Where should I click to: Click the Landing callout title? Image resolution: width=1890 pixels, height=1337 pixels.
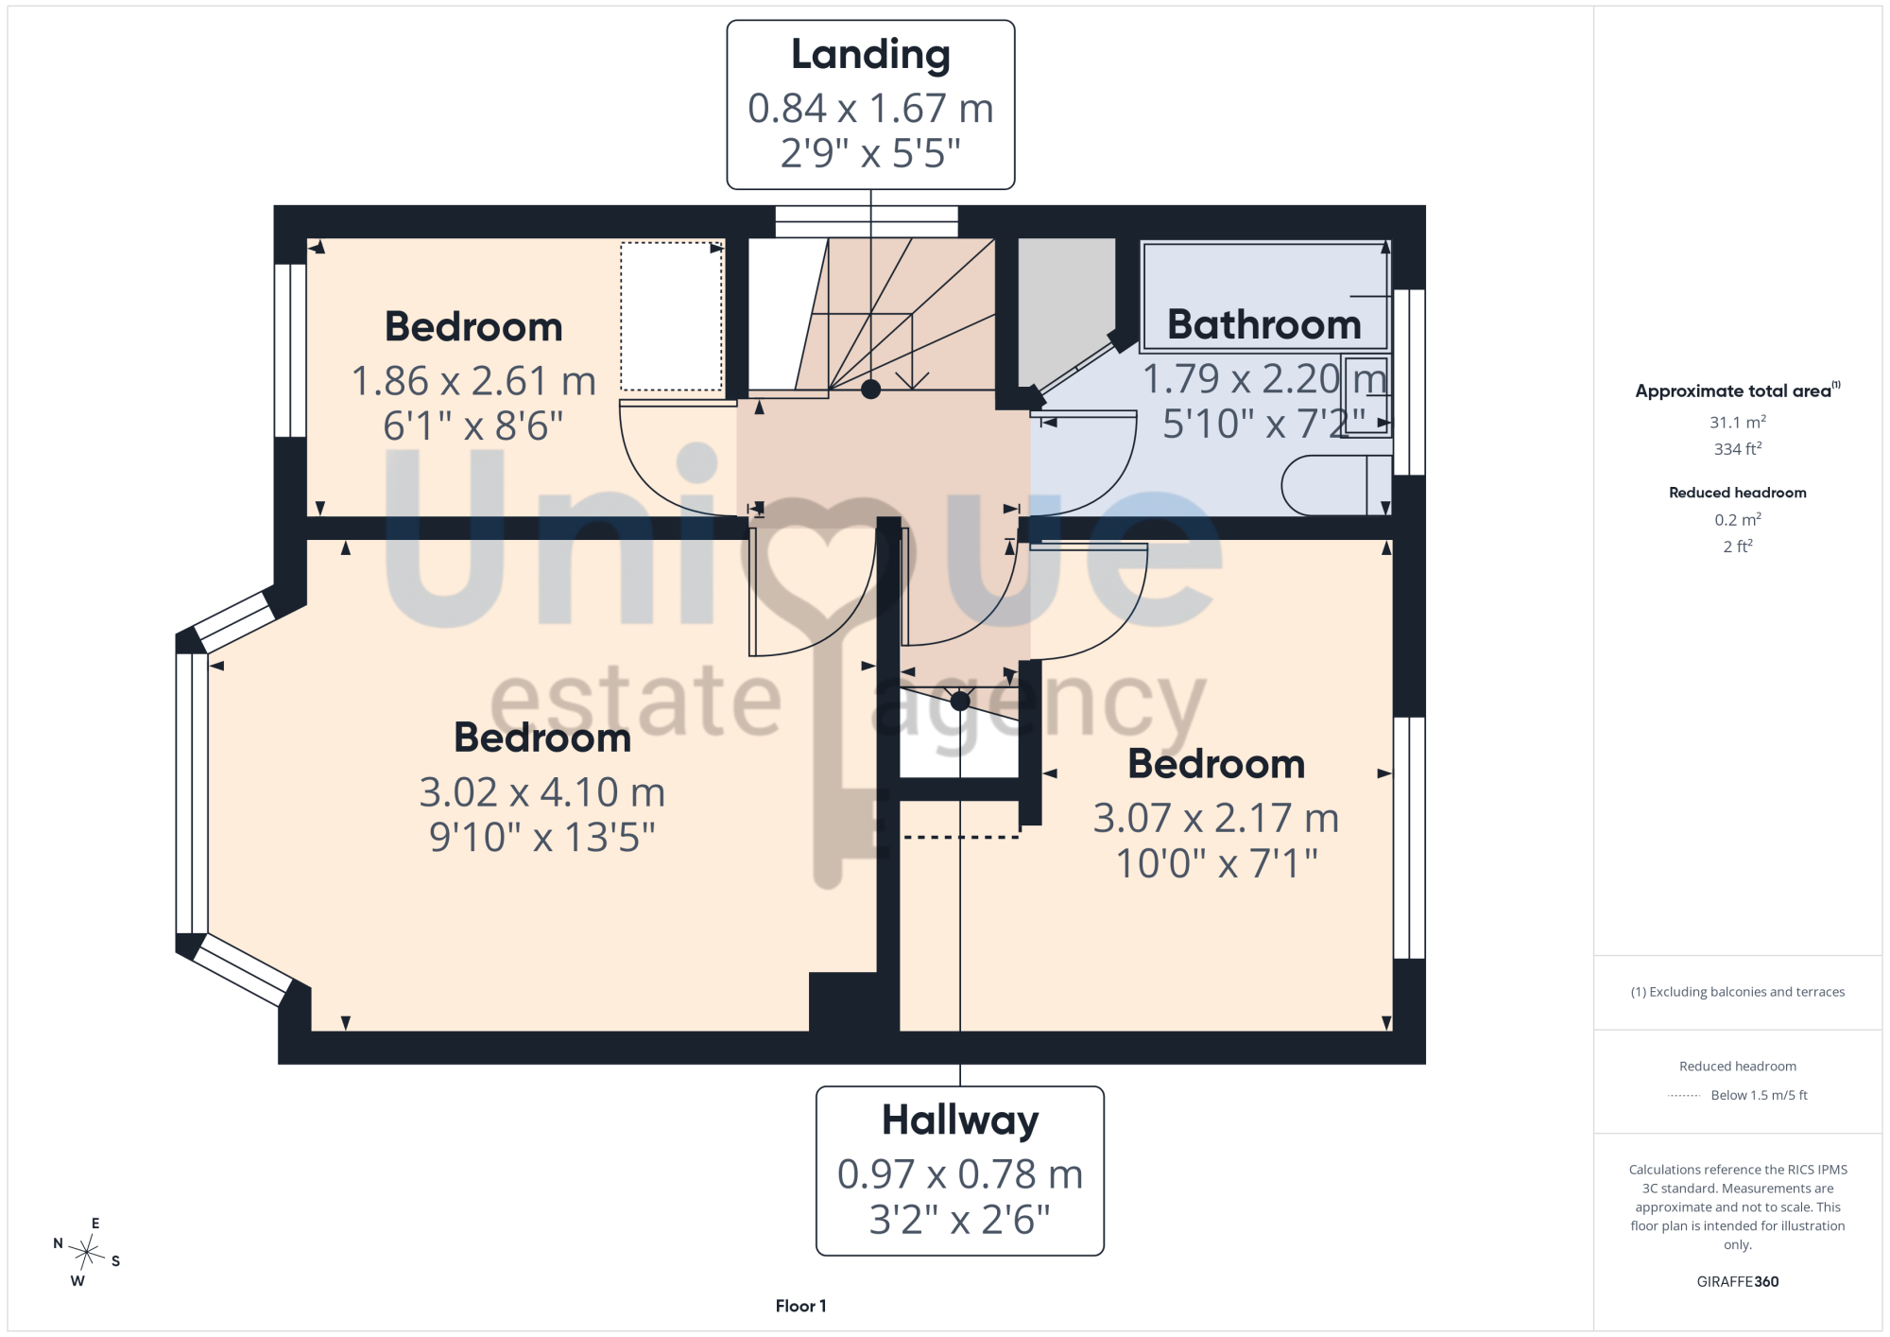click(x=870, y=56)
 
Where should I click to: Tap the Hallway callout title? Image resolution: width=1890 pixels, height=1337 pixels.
click(x=960, y=1121)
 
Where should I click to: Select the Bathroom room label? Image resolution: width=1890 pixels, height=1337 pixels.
click(x=1264, y=324)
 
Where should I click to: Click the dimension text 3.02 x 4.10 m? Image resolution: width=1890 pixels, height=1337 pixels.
click(x=542, y=792)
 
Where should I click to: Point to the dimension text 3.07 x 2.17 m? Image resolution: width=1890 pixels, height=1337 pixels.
click(x=1216, y=818)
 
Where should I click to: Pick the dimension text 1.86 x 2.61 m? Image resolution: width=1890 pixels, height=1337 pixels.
click(x=473, y=381)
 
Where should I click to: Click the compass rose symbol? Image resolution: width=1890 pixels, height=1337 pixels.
click(x=86, y=1253)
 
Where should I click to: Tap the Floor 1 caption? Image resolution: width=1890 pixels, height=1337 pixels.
click(x=800, y=1306)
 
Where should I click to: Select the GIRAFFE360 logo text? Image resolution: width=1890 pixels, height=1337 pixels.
click(x=1737, y=1282)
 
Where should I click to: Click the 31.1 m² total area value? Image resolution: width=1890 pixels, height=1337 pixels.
click(x=1737, y=422)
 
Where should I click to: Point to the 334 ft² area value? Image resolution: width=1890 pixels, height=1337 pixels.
click(x=1737, y=448)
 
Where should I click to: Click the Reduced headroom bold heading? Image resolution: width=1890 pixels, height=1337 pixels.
click(x=1737, y=493)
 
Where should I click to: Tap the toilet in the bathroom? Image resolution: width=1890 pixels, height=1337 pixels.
click(x=1336, y=485)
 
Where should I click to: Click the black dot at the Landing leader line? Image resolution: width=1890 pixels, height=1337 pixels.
click(x=870, y=389)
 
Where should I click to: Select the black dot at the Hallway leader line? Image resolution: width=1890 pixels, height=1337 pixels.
click(x=960, y=701)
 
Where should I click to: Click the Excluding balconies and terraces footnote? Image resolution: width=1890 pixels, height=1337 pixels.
click(x=1737, y=992)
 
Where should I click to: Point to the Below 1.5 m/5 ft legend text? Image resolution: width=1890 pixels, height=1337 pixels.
click(x=1759, y=1095)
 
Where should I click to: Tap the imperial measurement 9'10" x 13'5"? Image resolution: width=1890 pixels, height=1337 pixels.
click(x=542, y=838)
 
